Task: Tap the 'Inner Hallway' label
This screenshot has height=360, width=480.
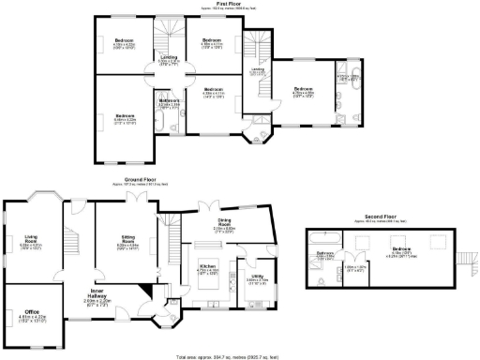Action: click(x=102, y=294)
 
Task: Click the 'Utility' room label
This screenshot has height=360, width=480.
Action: click(x=256, y=277)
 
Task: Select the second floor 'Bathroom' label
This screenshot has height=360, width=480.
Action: click(x=325, y=254)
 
